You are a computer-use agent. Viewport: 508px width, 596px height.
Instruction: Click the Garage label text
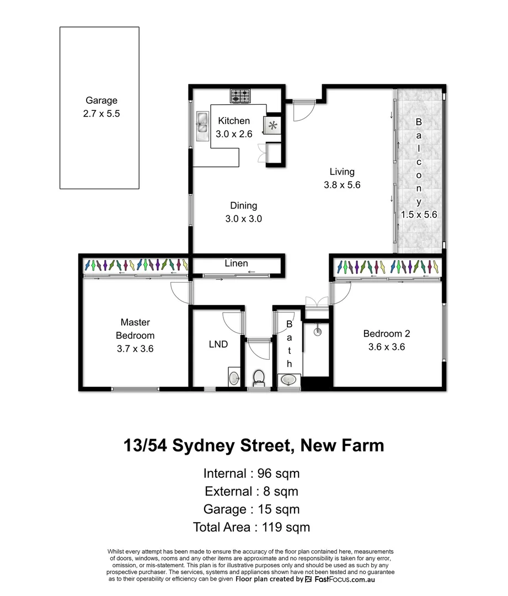[x=101, y=100]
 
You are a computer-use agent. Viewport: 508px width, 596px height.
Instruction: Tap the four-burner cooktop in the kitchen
[x=240, y=96]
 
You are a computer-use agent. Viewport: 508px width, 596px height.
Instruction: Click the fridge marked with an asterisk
[x=272, y=125]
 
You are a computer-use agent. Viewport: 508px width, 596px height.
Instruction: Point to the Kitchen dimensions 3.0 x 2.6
[x=234, y=134]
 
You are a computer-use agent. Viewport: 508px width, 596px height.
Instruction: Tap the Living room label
[x=342, y=172]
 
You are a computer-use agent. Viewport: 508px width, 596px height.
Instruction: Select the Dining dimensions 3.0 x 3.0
[x=243, y=219]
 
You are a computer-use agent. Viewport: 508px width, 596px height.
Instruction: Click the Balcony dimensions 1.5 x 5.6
[x=419, y=215]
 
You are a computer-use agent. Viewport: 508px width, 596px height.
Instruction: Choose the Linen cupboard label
[x=236, y=263]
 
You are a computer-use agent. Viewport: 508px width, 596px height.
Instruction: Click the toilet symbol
[x=258, y=378]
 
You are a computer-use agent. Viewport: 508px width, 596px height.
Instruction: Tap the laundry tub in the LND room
[x=234, y=378]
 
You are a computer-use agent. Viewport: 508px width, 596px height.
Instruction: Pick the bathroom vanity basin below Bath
[x=290, y=380]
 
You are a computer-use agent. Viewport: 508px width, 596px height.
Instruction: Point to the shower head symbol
[x=317, y=332]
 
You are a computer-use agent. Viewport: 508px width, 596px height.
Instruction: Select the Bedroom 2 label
[x=386, y=333]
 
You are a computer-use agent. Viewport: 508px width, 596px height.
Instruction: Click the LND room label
[x=218, y=344]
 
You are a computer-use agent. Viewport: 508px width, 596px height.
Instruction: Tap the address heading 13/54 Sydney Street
[x=254, y=445]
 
